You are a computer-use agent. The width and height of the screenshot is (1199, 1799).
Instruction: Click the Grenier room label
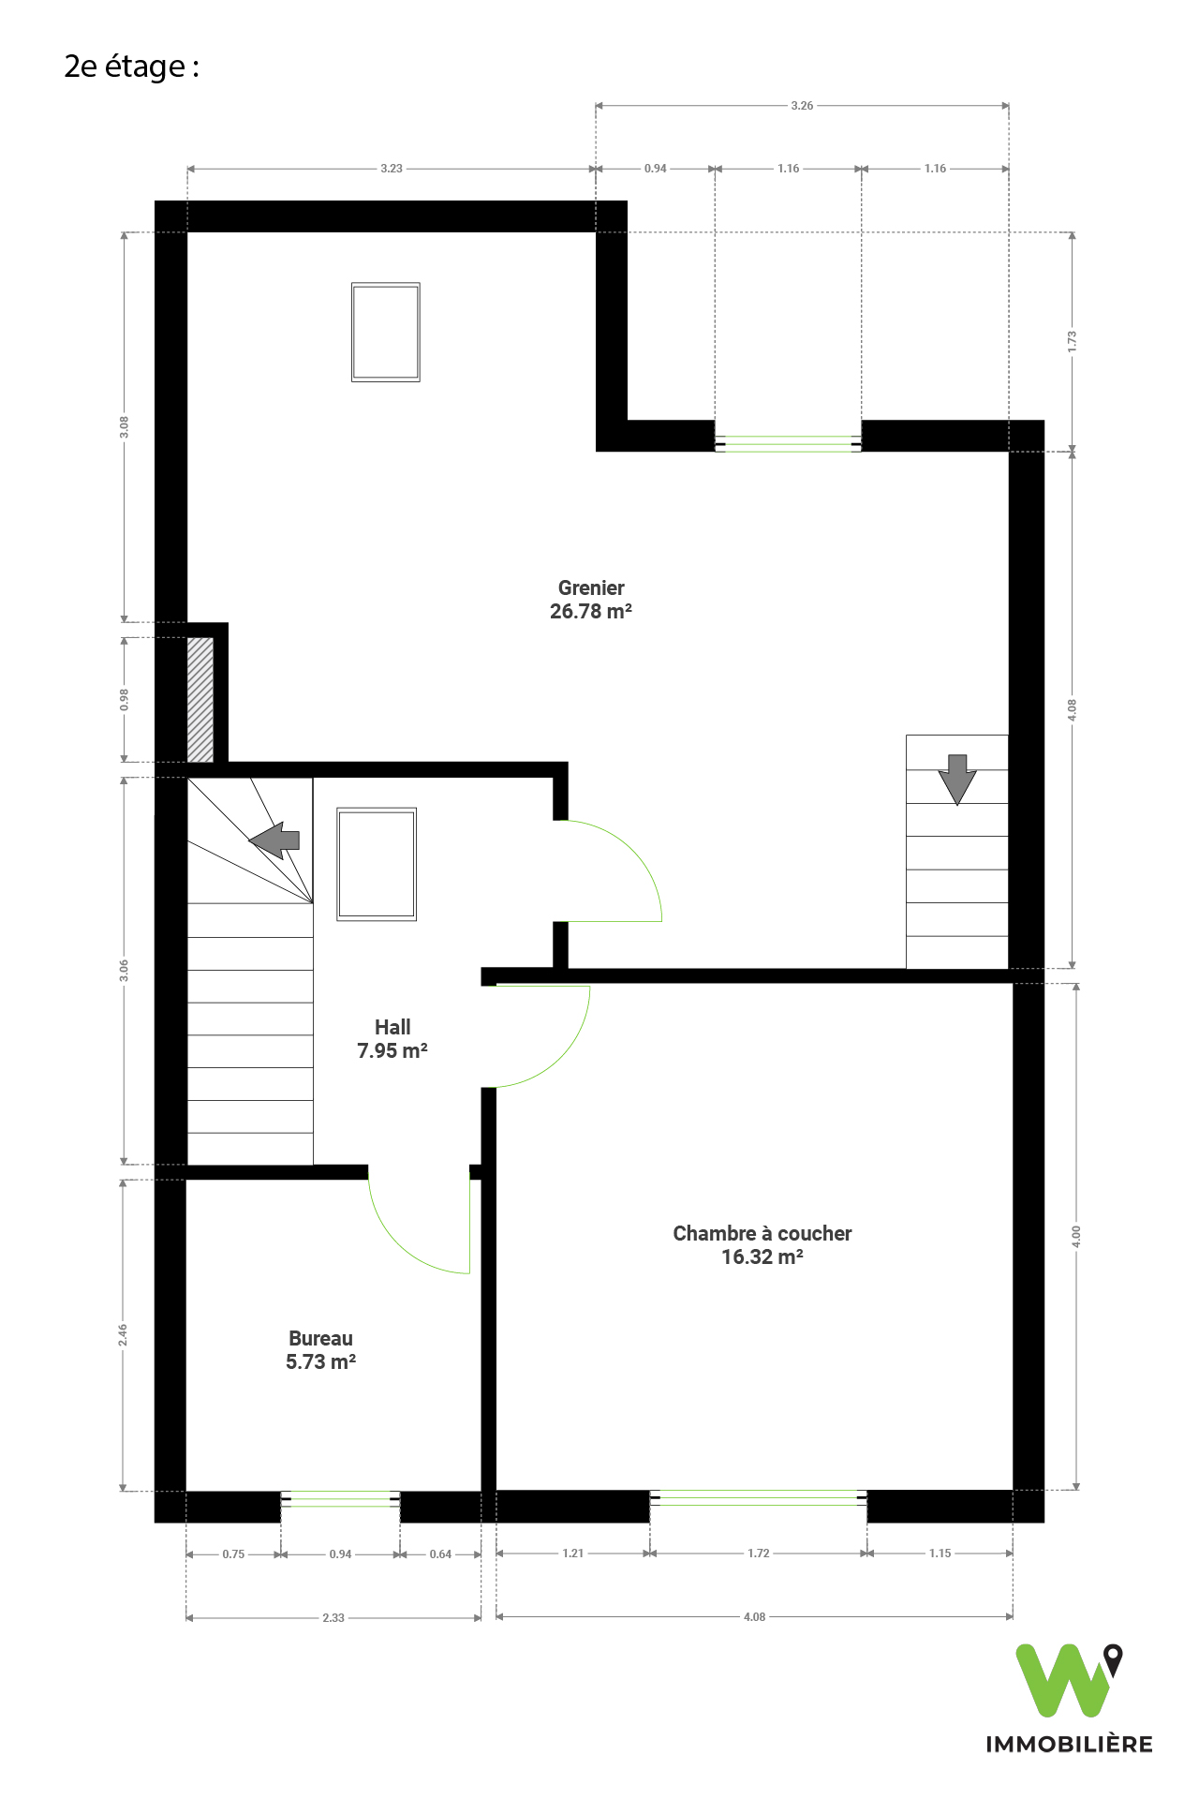point(591,600)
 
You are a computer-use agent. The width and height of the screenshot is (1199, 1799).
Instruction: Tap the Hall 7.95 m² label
point(392,1039)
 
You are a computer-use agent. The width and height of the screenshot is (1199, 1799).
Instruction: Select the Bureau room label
point(320,1350)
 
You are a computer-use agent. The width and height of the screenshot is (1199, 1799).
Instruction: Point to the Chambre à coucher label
point(762,1245)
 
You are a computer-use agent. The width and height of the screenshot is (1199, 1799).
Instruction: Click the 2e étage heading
point(131,67)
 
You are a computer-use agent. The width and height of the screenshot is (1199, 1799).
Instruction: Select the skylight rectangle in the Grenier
point(386,332)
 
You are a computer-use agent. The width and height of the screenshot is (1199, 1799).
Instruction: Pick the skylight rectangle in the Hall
point(377,864)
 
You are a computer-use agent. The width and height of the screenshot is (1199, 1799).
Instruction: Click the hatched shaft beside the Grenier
point(200,700)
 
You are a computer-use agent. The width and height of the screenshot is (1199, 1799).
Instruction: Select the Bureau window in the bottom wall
point(341,1500)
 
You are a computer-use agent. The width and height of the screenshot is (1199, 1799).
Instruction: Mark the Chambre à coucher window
point(759,1497)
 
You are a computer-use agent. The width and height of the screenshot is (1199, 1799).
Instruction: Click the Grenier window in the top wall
point(788,444)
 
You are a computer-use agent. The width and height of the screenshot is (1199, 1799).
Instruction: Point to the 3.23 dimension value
point(392,169)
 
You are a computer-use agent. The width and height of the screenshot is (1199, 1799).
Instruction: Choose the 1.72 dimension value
point(759,1553)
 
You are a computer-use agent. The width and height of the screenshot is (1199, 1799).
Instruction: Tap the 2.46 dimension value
point(123,1335)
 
